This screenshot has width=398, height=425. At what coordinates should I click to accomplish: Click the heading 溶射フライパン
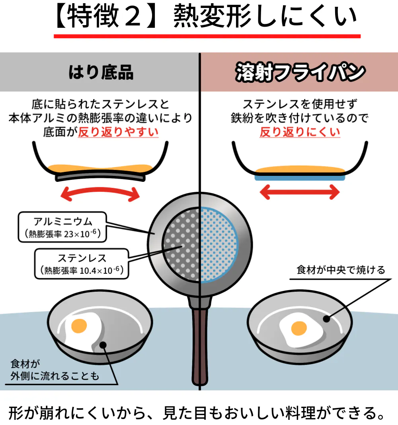coord(299,73)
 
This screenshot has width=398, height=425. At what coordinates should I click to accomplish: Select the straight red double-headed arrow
coord(299,193)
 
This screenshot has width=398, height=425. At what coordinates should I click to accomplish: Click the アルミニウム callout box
coord(63,227)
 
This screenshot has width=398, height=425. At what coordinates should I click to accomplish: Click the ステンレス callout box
coord(82,264)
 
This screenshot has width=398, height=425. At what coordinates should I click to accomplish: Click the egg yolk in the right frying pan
coord(299,329)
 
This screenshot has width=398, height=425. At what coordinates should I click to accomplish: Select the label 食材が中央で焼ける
coord(341,270)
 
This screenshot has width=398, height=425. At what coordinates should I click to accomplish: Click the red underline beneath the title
coord(207,36)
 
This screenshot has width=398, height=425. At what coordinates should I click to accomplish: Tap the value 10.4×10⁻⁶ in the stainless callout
coord(100,271)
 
